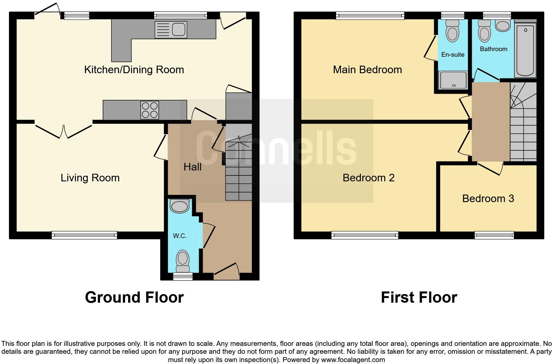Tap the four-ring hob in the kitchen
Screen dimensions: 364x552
(x=150, y=110)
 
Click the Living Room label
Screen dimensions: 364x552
(x=90, y=178)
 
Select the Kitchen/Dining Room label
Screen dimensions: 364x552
(x=134, y=70)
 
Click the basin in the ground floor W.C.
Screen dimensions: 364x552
(x=179, y=207)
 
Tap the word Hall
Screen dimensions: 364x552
(x=192, y=167)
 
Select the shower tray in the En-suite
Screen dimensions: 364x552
(x=453, y=80)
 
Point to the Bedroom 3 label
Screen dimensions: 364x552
(x=488, y=198)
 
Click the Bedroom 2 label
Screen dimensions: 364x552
(x=368, y=178)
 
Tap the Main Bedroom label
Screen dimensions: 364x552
(x=367, y=70)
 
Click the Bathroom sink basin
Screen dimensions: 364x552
(x=503, y=25)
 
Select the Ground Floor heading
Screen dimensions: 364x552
(x=134, y=297)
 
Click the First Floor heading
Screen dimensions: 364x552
(x=419, y=297)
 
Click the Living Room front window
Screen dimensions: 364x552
(x=84, y=235)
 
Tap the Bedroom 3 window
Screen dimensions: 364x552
(x=494, y=235)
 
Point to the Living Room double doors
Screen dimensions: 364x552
(x=63, y=131)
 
